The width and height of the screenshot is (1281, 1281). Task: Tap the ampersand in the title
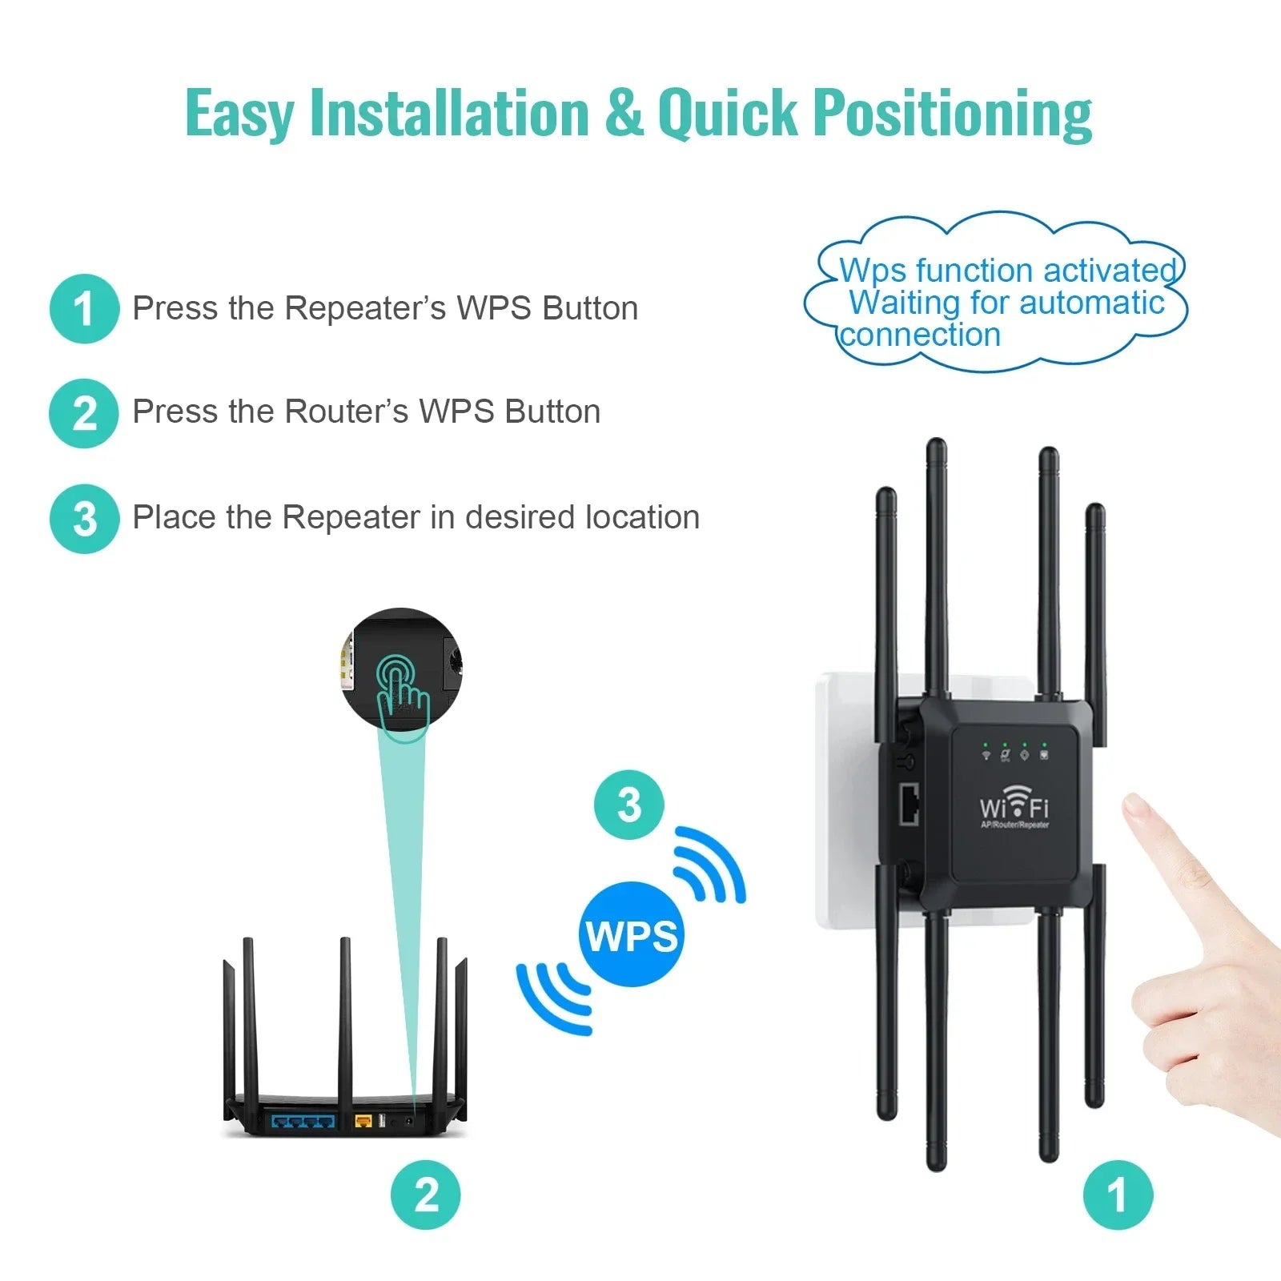pos(624,113)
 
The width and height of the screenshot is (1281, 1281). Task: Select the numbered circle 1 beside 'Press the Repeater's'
pos(84,309)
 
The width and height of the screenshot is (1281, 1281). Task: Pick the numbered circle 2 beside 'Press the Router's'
pos(84,413)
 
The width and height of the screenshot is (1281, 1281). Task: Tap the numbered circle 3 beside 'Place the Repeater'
pos(84,519)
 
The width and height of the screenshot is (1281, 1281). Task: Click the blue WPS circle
pos(632,934)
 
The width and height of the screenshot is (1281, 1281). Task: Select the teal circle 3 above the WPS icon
pos(629,805)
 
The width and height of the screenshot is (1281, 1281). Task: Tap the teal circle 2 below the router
pos(426,1195)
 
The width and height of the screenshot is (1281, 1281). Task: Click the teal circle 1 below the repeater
pos(1118,1195)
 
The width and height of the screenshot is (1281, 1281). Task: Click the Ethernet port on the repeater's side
pos(910,805)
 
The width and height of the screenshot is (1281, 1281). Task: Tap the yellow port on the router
pos(363,1120)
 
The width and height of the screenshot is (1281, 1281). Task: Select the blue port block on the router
pos(303,1120)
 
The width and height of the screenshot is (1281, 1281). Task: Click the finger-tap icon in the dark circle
pos(403,689)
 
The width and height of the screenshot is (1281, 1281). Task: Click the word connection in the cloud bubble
pos(921,335)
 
